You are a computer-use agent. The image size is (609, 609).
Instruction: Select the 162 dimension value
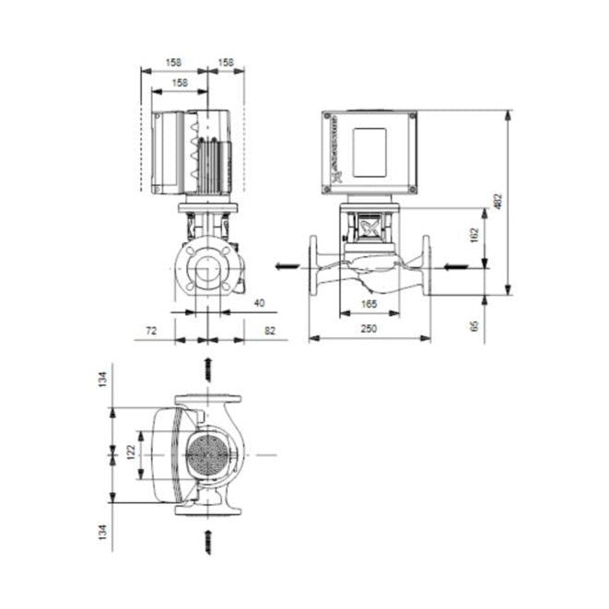click(474, 236)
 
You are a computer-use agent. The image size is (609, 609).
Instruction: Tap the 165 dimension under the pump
click(369, 303)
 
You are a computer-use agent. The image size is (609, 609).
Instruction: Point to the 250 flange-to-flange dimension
click(369, 329)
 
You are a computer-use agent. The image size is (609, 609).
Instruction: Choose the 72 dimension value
click(151, 329)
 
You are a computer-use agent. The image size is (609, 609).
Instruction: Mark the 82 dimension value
click(269, 329)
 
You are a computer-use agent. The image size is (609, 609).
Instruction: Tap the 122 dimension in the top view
click(132, 451)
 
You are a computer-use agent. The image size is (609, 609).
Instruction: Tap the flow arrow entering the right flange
click(455, 267)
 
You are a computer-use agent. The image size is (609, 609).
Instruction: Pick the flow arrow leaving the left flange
click(287, 267)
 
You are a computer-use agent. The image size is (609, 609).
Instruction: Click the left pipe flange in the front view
click(314, 267)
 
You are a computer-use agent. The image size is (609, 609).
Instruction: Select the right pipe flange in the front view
click(427, 267)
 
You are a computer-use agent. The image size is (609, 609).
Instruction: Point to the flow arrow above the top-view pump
click(208, 369)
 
